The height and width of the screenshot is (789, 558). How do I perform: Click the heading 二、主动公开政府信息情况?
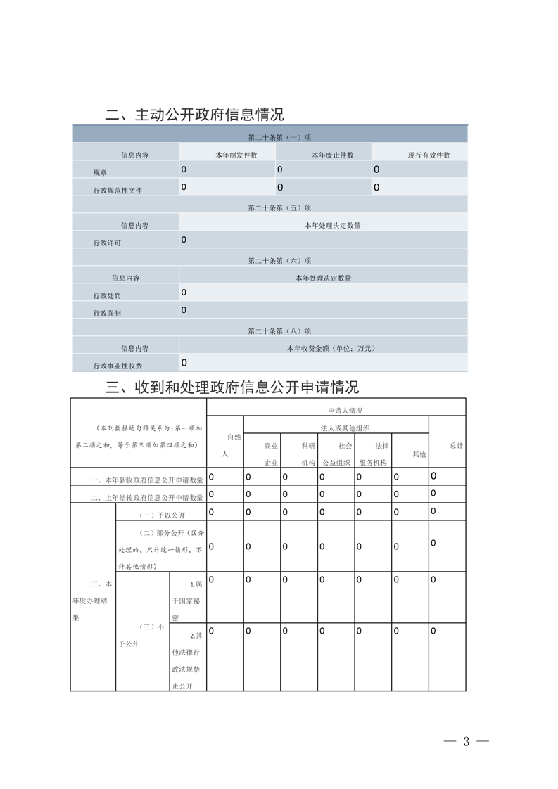[194, 115]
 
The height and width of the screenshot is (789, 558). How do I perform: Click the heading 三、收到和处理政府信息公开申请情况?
[232, 387]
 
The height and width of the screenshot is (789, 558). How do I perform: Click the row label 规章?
[101, 172]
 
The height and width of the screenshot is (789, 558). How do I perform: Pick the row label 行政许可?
[107, 243]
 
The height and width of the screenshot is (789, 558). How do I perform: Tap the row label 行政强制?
[107, 313]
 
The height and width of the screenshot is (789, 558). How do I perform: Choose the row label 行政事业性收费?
[118, 366]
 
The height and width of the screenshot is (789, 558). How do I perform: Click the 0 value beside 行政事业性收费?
[184, 363]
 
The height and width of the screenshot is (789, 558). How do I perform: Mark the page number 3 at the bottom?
[466, 741]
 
